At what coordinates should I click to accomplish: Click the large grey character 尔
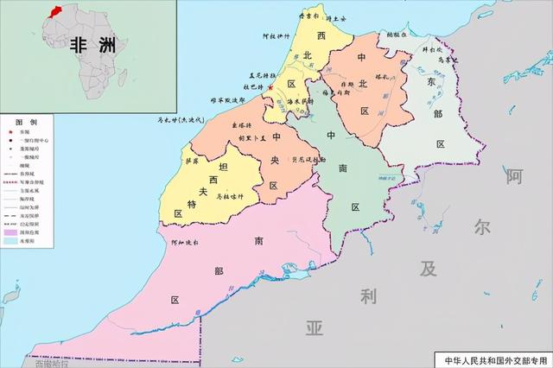click(481, 227)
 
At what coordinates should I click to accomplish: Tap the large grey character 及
click(429, 268)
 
